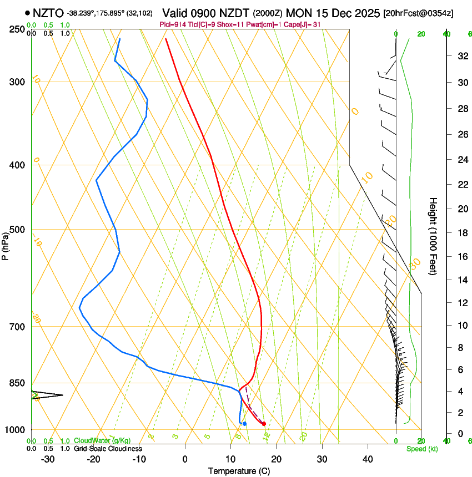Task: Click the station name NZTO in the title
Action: pos(48,13)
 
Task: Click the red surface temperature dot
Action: pos(264,424)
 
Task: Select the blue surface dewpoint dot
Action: pos(244,424)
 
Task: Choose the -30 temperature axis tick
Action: pos(48,459)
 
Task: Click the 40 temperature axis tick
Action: pos(368,459)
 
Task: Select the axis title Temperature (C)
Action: pos(239,471)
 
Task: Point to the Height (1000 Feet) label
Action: pos(434,236)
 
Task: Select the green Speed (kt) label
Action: pos(421,449)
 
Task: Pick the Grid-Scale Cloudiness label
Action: pos(108,449)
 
